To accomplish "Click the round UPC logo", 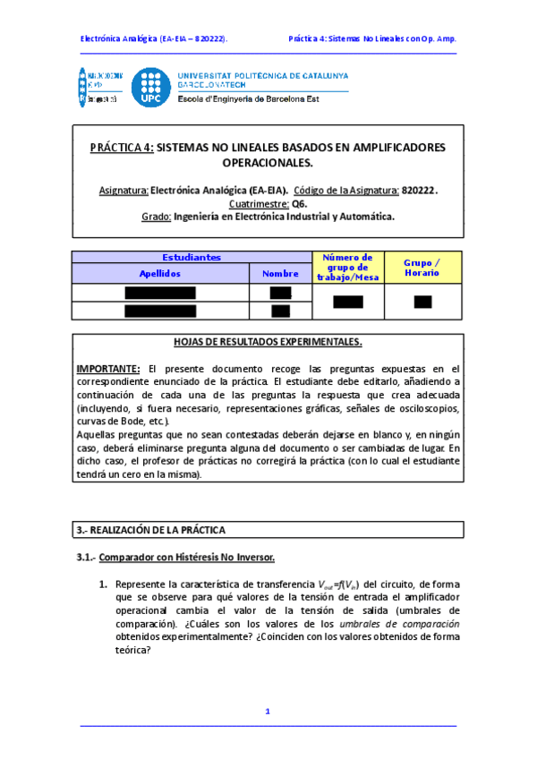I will (x=150, y=88).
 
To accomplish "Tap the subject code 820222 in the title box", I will (x=419, y=190).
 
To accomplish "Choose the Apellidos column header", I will (x=160, y=273).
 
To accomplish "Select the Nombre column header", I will (x=280, y=273).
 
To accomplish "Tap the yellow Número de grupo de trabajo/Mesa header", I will (x=347, y=267).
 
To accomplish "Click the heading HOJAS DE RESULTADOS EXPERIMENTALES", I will (x=268, y=342).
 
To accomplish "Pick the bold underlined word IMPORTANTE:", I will (x=108, y=368).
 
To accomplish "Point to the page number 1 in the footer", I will (x=268, y=711).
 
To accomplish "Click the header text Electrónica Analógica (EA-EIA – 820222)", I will (x=153, y=39).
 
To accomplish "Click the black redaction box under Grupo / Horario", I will (x=422, y=302).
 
